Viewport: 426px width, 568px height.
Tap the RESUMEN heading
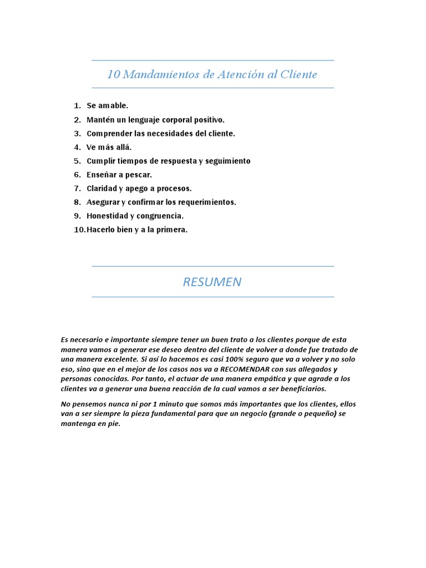click(x=212, y=282)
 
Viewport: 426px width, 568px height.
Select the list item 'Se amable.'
click(x=107, y=105)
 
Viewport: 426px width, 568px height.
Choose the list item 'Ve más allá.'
click(x=109, y=147)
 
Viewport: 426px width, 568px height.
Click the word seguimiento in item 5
click(x=228, y=161)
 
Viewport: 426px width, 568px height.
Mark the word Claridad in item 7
click(x=102, y=189)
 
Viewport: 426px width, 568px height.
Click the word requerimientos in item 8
click(x=208, y=202)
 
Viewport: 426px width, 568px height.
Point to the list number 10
click(x=79, y=230)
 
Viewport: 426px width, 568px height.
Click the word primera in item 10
click(x=173, y=230)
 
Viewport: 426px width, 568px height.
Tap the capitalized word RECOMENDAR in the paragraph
click(x=244, y=369)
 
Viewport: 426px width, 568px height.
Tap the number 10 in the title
click(x=113, y=74)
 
